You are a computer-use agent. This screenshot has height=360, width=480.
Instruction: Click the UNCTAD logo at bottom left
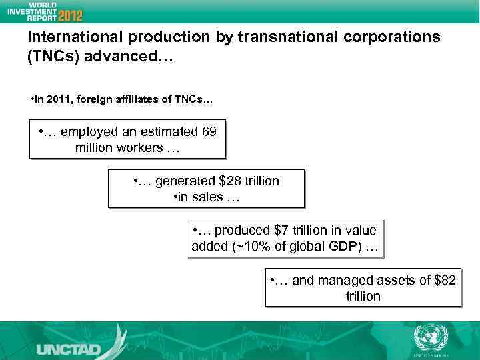[x=68, y=349]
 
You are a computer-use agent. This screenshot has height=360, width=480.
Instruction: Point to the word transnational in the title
[x=291, y=37]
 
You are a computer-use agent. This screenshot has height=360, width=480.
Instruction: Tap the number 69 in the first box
[x=209, y=131]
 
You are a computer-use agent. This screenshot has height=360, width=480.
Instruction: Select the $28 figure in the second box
[x=231, y=181]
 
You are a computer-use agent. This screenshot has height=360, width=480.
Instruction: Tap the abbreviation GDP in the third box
[x=347, y=247]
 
